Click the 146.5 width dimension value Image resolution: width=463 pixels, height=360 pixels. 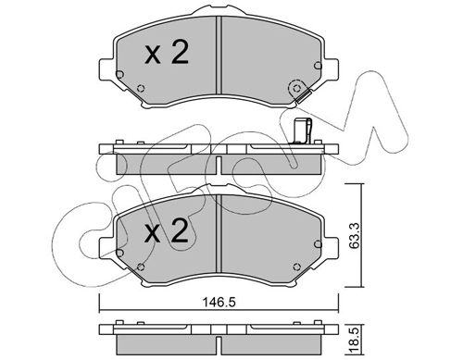tap(219, 303)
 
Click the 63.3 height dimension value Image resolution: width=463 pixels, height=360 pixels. tap(355, 235)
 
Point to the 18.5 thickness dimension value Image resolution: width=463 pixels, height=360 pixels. tap(355, 340)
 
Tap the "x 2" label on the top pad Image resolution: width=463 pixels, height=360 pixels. tap(167, 53)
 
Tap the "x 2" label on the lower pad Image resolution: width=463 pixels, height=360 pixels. tap(167, 230)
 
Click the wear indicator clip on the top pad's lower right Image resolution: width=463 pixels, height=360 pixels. tap(303, 96)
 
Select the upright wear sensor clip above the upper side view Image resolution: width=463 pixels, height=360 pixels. tap(303, 131)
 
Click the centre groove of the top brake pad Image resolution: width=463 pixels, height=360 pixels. tap(219, 55)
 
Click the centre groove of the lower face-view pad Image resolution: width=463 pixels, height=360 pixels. tap(219, 233)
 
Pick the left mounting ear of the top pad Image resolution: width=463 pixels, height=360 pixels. tap(106, 70)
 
